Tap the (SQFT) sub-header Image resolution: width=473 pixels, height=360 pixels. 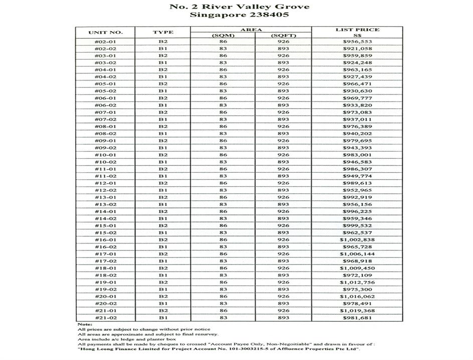click(x=283, y=35)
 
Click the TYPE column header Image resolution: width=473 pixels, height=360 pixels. click(x=163, y=32)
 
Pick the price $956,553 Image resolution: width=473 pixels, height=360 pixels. click(x=357, y=42)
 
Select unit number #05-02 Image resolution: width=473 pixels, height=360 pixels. click(x=105, y=91)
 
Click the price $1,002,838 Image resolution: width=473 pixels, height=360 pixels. click(x=357, y=240)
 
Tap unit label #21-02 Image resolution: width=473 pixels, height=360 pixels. click(x=105, y=318)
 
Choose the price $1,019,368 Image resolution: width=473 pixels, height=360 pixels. click(x=357, y=311)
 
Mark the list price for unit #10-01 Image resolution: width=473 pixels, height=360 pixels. click(x=357, y=155)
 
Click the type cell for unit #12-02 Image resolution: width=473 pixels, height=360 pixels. click(x=163, y=190)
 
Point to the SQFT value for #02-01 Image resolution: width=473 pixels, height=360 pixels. click(x=283, y=42)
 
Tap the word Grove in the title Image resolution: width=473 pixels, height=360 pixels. click(x=294, y=7)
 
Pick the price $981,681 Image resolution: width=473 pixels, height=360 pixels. click(x=357, y=318)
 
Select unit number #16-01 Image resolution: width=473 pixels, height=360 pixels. click(x=105, y=240)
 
